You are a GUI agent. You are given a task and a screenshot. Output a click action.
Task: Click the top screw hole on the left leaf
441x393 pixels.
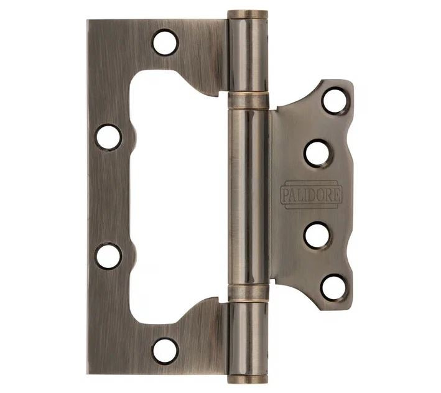pos(165,42)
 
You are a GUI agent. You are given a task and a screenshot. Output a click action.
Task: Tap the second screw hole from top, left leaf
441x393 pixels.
pos(108,137)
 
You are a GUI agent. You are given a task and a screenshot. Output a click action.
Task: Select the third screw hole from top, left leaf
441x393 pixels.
pos(108,256)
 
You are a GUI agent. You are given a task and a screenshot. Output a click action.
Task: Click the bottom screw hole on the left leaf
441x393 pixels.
pos(165,350)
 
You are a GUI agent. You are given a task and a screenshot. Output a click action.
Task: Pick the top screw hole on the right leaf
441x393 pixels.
pos(335,101)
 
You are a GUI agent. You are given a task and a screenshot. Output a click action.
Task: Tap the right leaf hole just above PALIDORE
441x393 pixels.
pos(318,152)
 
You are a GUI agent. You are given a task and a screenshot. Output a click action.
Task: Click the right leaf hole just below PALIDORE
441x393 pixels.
pos(318,236)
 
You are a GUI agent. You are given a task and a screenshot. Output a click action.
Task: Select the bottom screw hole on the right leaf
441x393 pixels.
pos(335,287)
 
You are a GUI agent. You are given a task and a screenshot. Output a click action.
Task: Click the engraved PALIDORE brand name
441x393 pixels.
pos(311,194)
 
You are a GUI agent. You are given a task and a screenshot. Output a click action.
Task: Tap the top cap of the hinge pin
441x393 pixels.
pos(247,14)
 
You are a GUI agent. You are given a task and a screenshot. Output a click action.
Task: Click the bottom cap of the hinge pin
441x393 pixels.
pos(247,378)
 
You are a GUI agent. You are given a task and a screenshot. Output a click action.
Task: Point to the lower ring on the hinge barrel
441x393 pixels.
pos(248,292)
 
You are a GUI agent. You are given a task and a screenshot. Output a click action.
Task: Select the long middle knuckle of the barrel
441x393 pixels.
pos(248,196)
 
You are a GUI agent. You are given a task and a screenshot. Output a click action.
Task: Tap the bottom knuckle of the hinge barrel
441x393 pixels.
pos(248,336)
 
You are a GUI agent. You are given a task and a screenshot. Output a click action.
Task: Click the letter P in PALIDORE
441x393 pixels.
pos(285,195)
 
